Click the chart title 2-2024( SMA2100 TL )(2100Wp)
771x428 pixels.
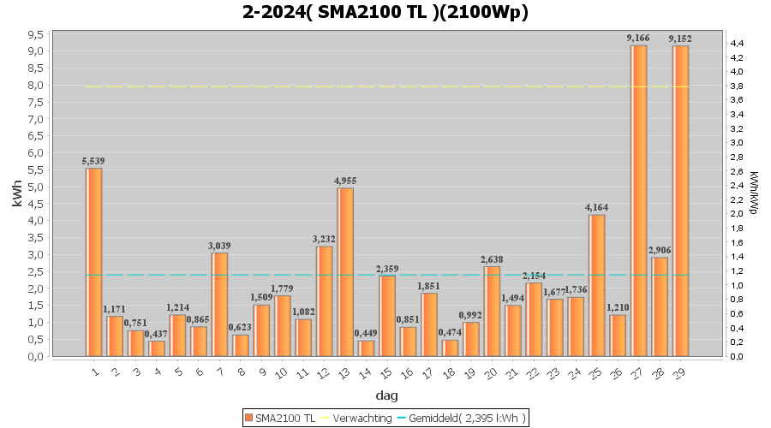tap(385, 12)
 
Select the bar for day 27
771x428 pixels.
tap(638, 200)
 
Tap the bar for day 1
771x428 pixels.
tap(94, 262)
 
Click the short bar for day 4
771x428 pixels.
tap(157, 348)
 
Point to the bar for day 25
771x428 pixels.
tap(596, 285)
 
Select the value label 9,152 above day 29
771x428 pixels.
tap(680, 39)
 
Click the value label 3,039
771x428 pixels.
tap(219, 246)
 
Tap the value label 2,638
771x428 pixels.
tap(492, 259)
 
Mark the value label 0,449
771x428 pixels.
tap(367, 334)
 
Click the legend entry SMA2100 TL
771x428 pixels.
tap(280, 418)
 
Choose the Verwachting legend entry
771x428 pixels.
tap(357, 418)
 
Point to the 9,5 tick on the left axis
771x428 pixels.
tap(35, 34)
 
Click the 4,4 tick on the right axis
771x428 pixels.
tap(736, 43)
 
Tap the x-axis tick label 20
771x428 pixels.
tap(492, 372)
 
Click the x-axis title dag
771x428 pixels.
tap(385, 395)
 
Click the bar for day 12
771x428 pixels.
tap(325, 300)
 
